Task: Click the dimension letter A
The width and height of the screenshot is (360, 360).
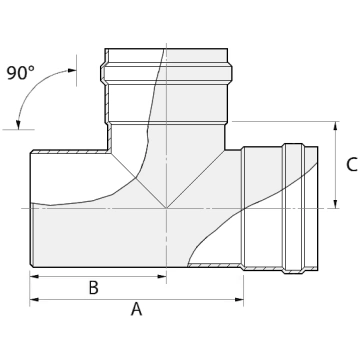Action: pyautogui.click(x=136, y=309)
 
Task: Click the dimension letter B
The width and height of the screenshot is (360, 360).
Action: pyautogui.click(x=94, y=288)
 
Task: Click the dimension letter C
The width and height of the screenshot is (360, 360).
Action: pyautogui.click(x=352, y=164)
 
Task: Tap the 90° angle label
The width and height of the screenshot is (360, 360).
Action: pyautogui.click(x=20, y=73)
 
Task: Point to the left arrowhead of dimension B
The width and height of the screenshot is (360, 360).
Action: pyautogui.click(x=34, y=276)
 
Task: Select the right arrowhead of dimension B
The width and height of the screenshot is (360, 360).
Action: pyautogui.click(x=162, y=276)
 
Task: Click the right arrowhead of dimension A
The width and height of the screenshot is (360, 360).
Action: pyautogui.click(x=239, y=299)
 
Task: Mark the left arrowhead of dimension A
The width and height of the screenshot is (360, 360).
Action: pyautogui.click(x=34, y=299)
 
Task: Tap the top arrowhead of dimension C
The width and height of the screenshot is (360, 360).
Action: pyautogui.click(x=336, y=126)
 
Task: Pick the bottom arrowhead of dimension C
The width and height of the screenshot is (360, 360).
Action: pyautogui.click(x=336, y=204)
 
